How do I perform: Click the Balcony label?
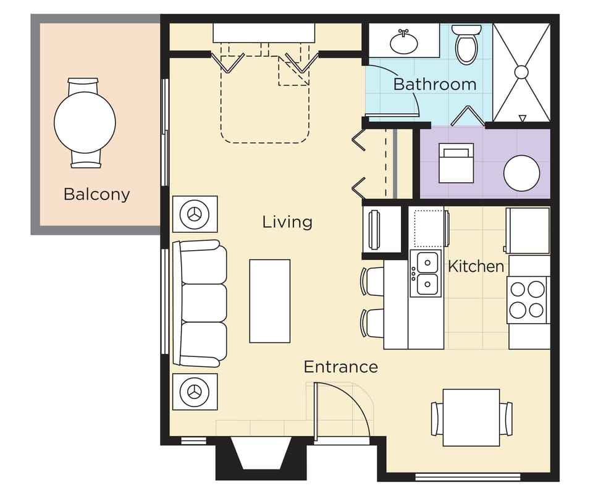pos(97,195)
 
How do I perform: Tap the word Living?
pos(287,222)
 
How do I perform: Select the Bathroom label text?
pos(435,83)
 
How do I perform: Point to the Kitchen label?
pos(476,266)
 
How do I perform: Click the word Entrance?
pos(341,367)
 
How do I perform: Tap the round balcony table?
pos(85,122)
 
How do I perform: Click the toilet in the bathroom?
pos(467,44)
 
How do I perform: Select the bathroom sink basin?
pos(404,43)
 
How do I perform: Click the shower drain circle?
pos(521,72)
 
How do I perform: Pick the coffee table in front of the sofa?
pos(270,301)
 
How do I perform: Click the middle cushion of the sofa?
pos(203,303)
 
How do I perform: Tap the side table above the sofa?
pos(195,214)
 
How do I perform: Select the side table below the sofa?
pos(195,392)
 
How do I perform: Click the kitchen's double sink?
pos(426,273)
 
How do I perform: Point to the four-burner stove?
pos(528,300)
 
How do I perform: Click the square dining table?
pos(471,418)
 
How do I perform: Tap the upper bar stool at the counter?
pos(372,281)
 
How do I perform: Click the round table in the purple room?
pos(521,173)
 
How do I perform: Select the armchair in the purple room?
pos(456,163)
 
